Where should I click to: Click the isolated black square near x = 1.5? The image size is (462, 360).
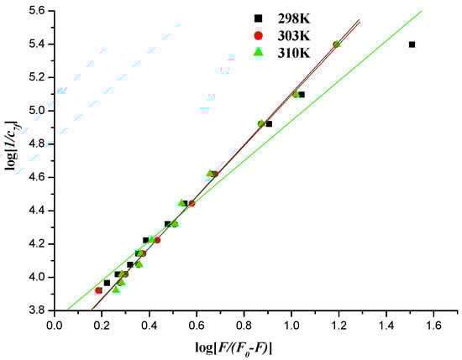tap(412, 44)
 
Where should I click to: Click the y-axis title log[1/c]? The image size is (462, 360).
tap(11, 159)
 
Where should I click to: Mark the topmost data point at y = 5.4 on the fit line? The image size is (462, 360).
tap(336, 44)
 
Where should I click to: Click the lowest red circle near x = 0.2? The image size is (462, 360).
tap(99, 290)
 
